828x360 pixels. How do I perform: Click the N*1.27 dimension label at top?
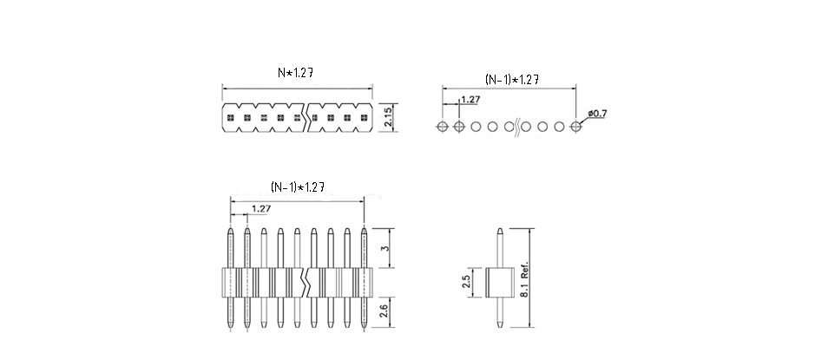296,75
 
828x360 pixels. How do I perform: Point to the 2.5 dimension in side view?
466,282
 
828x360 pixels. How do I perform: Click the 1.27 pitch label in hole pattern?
470,100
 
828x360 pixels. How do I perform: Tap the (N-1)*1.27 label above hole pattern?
512,80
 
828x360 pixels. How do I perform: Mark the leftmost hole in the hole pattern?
443,127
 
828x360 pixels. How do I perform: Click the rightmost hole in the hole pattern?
575,127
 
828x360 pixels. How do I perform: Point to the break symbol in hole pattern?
517,127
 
